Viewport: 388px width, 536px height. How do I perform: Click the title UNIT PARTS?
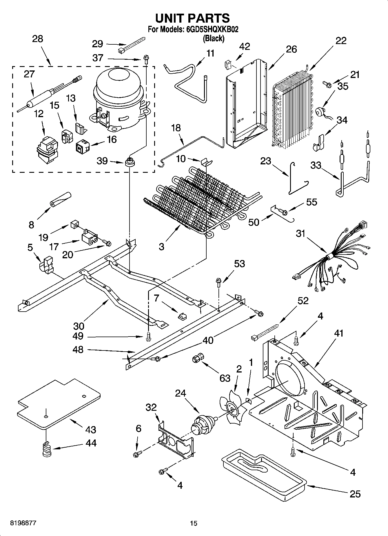coord(192,18)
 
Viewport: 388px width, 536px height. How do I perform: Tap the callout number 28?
coord(38,39)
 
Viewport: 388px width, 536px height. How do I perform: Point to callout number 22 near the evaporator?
coord(341,41)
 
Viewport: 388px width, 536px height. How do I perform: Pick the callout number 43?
coord(91,429)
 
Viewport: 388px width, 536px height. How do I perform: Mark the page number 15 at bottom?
coord(194,523)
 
